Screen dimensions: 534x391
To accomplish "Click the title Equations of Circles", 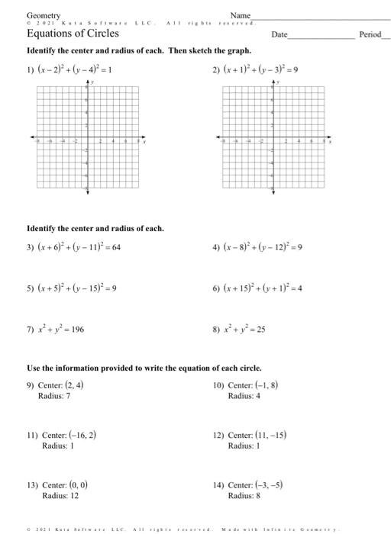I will [67, 34].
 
